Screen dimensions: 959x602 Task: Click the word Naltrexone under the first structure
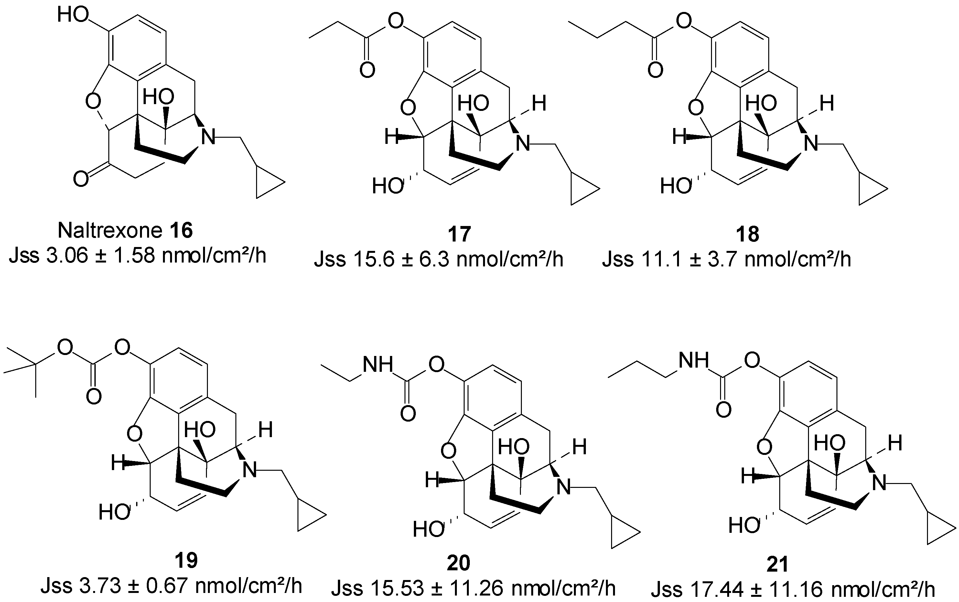coord(110,230)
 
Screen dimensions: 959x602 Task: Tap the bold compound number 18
coord(747,234)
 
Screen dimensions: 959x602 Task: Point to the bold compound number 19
coord(186,561)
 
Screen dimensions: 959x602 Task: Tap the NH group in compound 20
coord(377,364)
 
